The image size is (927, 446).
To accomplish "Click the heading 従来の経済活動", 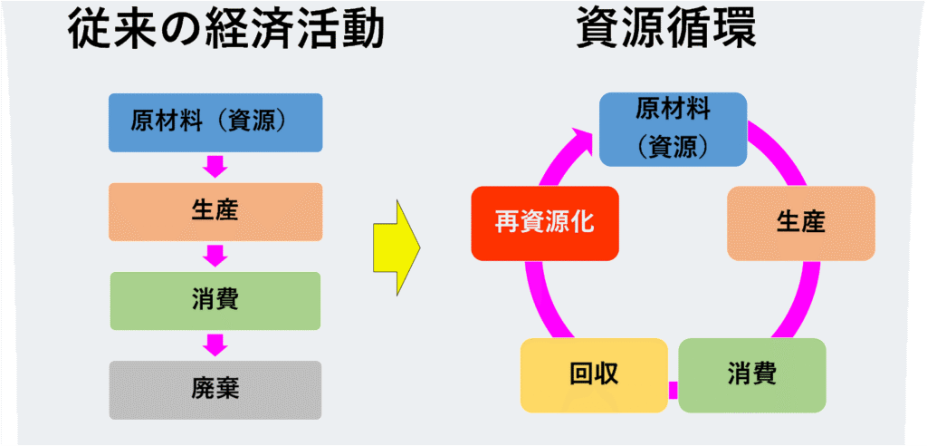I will click(226, 33).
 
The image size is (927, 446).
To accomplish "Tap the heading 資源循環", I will click(666, 33).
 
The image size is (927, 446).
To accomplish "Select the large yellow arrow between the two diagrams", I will click(397, 245).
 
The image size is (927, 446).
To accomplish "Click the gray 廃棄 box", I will click(215, 390).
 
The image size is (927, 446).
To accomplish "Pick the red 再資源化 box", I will click(544, 222).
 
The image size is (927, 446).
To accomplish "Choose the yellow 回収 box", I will click(593, 374).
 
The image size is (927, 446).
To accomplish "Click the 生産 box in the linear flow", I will click(215, 211).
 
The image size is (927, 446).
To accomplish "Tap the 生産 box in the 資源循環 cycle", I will click(801, 223).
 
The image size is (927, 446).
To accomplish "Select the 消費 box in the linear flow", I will click(215, 300).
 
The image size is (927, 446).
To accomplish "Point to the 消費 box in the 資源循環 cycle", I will click(751, 374).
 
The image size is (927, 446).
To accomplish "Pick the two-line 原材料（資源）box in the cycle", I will click(673, 129).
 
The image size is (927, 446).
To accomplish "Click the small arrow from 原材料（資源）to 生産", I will click(215, 167).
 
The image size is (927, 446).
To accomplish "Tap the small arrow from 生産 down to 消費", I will click(215, 256).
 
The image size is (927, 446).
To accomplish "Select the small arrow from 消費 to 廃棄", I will click(215, 344).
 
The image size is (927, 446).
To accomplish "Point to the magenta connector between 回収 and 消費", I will click(673, 390).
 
